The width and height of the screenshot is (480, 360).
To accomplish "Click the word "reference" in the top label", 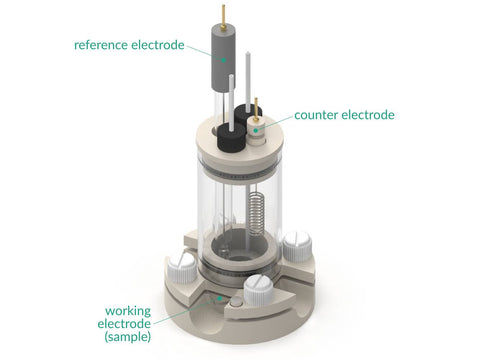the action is (101, 45).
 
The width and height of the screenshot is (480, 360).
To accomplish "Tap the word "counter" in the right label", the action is (316, 115).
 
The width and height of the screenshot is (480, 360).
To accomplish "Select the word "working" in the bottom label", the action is (128, 312).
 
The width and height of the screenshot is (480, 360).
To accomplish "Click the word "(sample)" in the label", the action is (128, 336).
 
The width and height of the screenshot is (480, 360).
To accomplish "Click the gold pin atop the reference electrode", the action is (223, 16).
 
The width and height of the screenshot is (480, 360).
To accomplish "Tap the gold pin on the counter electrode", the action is (256, 109).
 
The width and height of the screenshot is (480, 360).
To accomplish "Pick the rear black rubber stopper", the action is (248, 114).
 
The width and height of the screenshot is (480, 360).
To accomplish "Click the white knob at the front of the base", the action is (258, 289).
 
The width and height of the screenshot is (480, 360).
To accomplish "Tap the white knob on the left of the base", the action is (182, 267).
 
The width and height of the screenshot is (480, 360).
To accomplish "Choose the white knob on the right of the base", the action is (297, 246).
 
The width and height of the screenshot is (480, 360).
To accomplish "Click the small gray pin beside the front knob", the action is (236, 302).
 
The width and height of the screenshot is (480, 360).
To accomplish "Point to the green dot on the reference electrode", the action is (224, 60).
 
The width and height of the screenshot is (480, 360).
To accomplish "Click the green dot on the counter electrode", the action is (256, 130).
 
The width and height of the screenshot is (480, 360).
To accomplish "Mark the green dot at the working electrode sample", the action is (219, 298).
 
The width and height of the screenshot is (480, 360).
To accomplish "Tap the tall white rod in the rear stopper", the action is (248, 81).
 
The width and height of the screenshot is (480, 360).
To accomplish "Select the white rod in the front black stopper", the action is (231, 102).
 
